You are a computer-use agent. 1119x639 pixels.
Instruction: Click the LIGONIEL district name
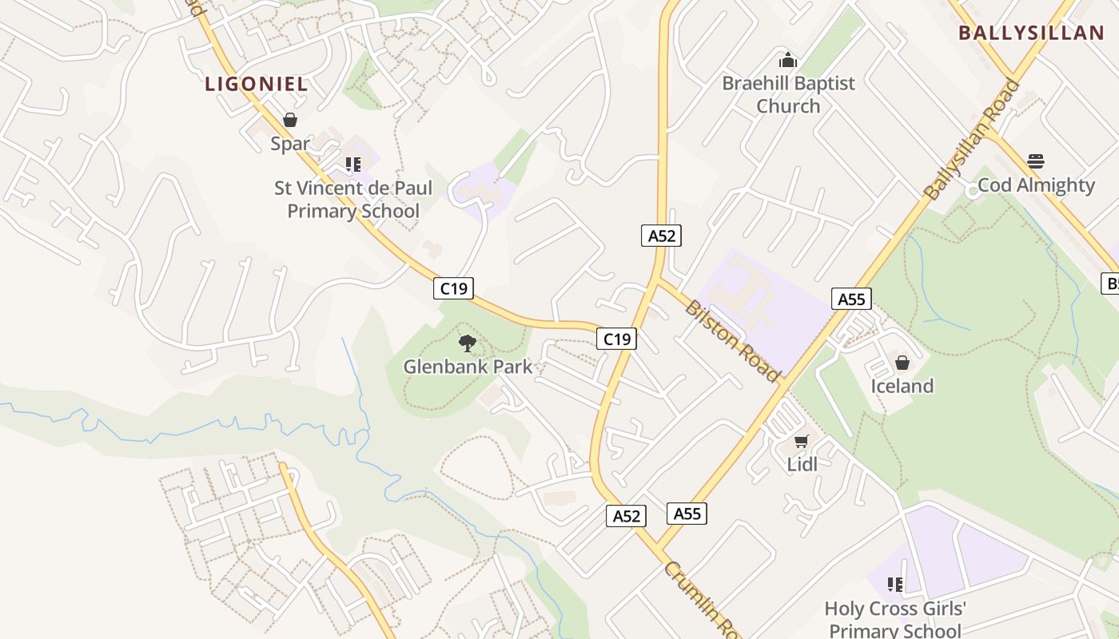[257, 84]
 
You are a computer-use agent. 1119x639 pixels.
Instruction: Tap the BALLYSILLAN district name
[1031, 33]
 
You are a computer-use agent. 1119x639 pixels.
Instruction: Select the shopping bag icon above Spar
[290, 120]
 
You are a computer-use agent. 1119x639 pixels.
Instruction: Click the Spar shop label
[290, 144]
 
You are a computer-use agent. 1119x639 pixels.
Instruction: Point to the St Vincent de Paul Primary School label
[353, 200]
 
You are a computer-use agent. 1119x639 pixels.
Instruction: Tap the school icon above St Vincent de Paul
[353, 165]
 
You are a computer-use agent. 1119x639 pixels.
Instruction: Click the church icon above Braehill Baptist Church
[788, 60]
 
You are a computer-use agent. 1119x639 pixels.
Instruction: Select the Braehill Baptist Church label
[788, 94]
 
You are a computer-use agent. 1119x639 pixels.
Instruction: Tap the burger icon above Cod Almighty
[1036, 161]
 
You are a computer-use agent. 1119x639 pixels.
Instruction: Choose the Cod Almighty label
[1036, 185]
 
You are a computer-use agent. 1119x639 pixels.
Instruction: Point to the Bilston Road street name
[732, 340]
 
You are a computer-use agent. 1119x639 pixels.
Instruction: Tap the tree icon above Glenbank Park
[468, 343]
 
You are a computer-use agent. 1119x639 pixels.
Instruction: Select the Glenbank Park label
[468, 367]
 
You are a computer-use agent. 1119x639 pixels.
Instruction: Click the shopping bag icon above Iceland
[902, 363]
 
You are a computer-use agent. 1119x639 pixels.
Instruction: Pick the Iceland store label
[902, 387]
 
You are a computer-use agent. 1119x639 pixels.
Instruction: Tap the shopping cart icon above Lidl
[802, 441]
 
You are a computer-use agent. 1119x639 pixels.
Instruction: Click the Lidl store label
[802, 464]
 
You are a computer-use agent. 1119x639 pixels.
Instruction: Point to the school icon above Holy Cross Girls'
[895, 585]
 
